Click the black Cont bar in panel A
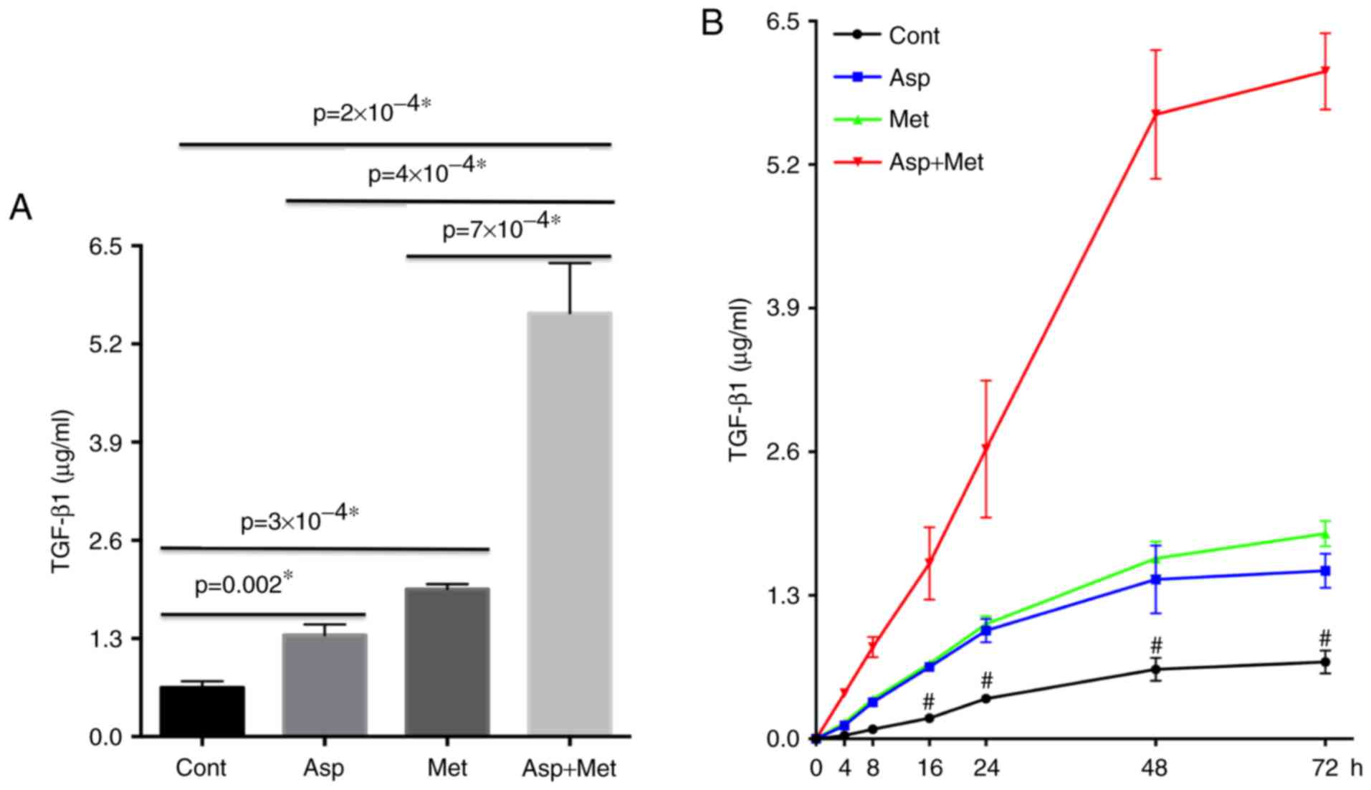click(202, 710)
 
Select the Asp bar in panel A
click(325, 685)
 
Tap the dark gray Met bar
click(446, 661)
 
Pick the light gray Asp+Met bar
click(569, 523)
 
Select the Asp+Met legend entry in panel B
click(936, 162)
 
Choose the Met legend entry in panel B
click(908, 119)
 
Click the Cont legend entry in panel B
click(913, 35)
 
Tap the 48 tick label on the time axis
click(1155, 768)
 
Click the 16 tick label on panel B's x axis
click(930, 768)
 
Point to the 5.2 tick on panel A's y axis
click(105, 344)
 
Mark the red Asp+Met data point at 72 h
click(1325, 70)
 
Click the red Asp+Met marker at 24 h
click(986, 448)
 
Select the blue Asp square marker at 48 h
click(1155, 579)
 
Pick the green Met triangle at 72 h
click(1325, 534)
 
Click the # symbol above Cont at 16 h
click(930, 700)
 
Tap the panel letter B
click(712, 24)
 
